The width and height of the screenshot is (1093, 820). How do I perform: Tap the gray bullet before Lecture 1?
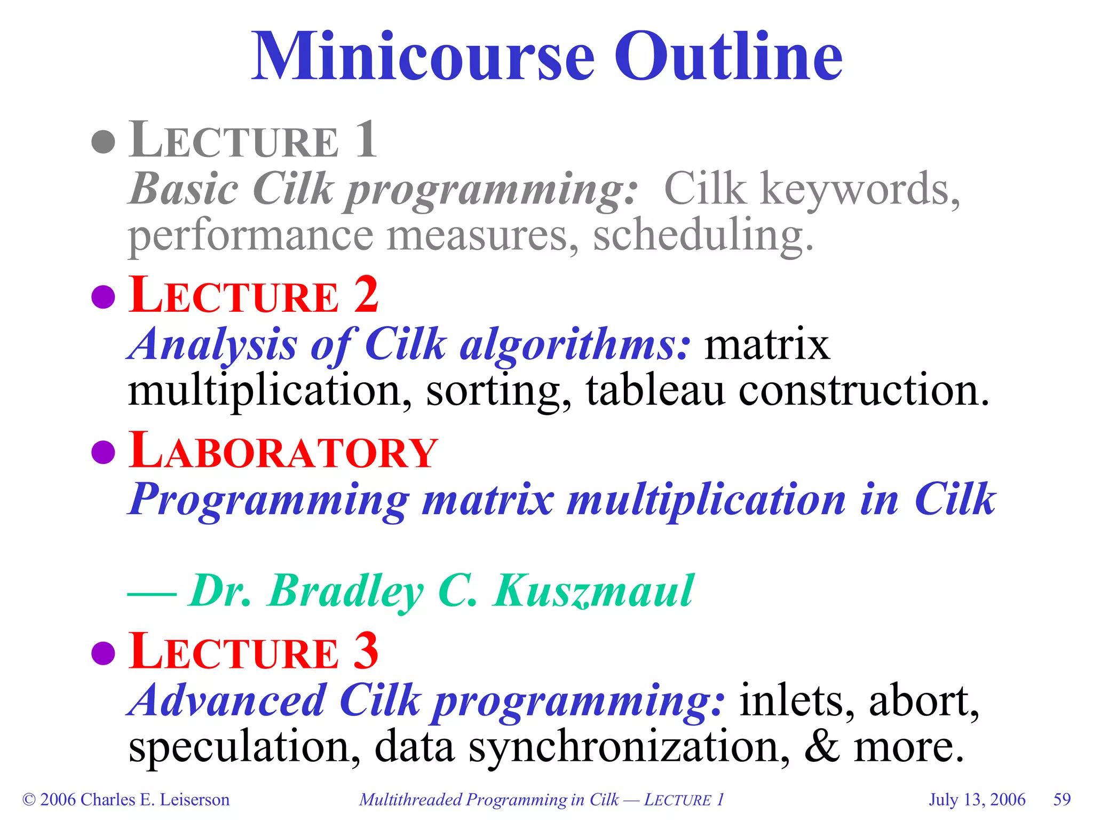[103, 142]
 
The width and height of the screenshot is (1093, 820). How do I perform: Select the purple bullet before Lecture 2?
[103, 297]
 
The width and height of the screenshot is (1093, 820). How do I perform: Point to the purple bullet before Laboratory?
[103, 452]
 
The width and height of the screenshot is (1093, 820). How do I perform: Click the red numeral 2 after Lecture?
[366, 295]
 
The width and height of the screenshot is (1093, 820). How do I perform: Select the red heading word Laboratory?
[283, 451]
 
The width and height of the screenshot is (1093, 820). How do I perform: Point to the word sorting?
[498, 391]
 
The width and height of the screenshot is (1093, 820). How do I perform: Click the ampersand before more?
[822, 746]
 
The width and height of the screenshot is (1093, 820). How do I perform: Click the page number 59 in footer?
[1062, 799]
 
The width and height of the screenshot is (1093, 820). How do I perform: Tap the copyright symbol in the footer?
[29, 800]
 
